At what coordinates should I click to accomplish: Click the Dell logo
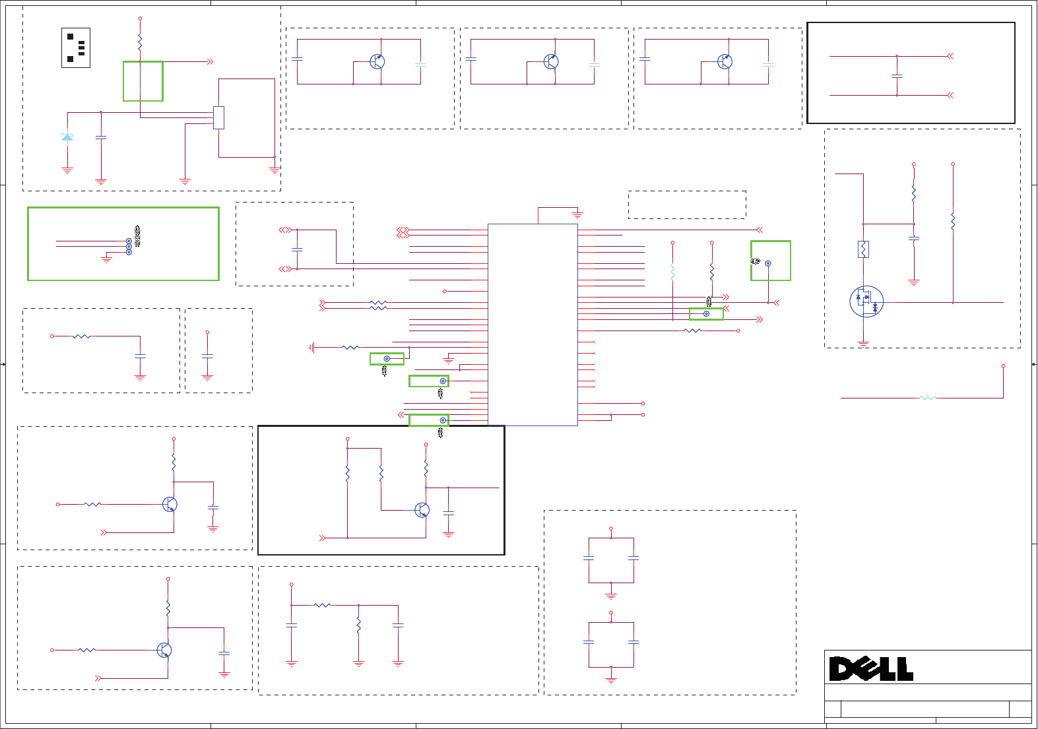871,669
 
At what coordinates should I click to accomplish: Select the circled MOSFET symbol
866,301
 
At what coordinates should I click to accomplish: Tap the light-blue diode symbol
67,137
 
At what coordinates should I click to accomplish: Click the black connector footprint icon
76,48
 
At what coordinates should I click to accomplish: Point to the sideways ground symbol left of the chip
311,347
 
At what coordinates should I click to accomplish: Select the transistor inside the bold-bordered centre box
422,510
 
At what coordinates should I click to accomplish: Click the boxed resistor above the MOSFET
863,249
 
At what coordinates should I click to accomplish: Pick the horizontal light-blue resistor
928,398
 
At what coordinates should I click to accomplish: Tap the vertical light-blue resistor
672,272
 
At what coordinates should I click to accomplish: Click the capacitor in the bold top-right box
897,76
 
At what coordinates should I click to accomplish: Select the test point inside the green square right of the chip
767,263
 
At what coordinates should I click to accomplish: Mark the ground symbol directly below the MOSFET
863,343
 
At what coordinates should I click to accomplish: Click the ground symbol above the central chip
577,216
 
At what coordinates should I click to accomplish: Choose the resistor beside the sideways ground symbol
350,347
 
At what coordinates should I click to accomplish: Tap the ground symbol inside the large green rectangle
107,260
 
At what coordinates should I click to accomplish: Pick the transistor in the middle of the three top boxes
551,61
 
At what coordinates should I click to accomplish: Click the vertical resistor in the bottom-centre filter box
358,625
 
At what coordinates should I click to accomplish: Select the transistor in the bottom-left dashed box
164,650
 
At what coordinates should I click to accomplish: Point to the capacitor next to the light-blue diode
101,137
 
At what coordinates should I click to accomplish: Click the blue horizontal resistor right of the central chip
692,331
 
